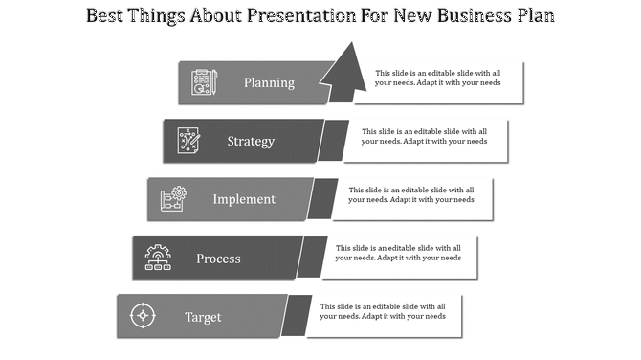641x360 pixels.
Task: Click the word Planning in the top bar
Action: pos(269,82)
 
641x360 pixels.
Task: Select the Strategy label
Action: pos(251,141)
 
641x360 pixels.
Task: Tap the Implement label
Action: pos(244,199)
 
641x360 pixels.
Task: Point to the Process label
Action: pos(218,259)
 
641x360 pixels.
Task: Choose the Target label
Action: pos(203,317)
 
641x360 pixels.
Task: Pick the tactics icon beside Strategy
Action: pos(188,141)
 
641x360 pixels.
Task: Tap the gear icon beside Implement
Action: pos(173,199)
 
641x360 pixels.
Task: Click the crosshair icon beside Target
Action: pos(143,316)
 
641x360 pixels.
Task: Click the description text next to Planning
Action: pos(437,78)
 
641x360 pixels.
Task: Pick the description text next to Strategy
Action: pos(424,136)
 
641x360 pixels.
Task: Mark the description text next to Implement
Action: pos(410,194)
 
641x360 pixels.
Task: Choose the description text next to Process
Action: pos(397,253)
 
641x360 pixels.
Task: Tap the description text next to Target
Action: pos(384,311)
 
